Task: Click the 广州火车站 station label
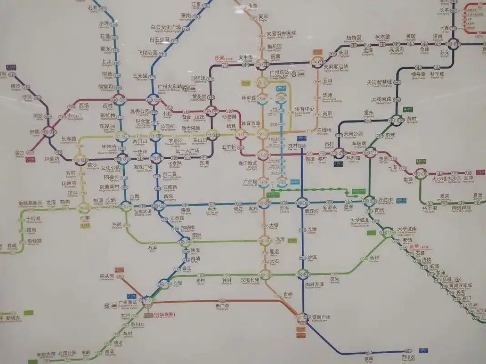tap(169, 86)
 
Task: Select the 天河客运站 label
tap(336, 66)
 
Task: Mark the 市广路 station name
tap(222, 306)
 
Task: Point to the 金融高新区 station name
tap(30, 202)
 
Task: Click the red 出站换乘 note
tap(165, 314)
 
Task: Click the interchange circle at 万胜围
tap(368, 200)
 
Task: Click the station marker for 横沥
tap(369, 352)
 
